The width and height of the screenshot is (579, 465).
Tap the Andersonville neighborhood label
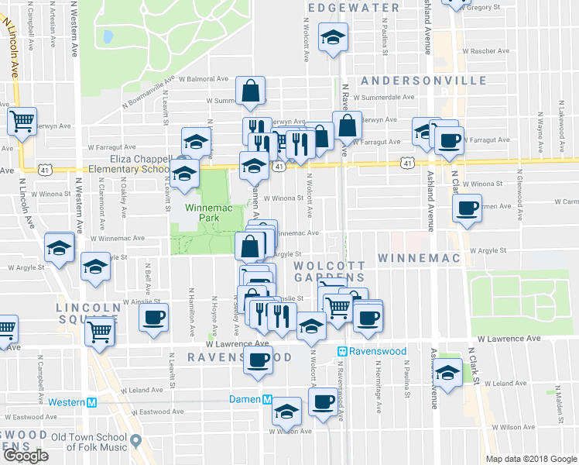423,81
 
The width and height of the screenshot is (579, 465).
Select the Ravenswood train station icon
341,351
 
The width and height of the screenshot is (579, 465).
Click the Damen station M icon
266,399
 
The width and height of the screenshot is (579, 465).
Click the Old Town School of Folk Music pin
136,441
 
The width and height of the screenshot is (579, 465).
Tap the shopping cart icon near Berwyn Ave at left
22,121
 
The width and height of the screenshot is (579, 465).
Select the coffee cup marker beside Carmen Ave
468,208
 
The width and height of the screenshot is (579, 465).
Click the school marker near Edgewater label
334,37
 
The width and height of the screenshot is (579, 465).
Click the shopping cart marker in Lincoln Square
100,330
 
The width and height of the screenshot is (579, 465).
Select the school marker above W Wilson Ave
287,412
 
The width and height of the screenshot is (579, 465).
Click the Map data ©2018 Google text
531,459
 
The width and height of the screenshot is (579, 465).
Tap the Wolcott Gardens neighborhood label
329,271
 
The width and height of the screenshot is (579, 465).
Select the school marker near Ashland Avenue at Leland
447,374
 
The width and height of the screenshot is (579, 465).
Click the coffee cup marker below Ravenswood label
259,360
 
